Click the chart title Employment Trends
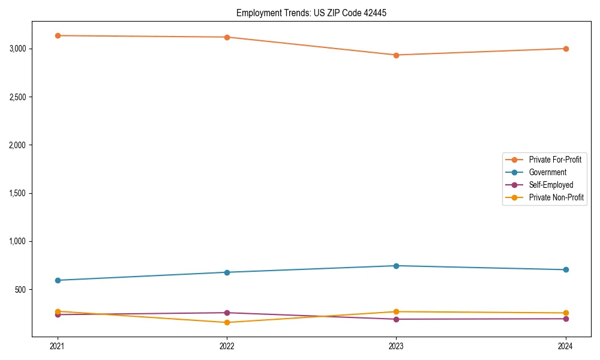click(316, 13)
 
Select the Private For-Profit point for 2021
click(58, 35)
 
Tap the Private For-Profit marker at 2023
click(396, 55)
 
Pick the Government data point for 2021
click(58, 280)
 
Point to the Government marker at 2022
click(227, 272)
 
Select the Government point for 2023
click(396, 266)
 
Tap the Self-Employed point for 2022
click(227, 313)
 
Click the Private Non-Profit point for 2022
click(227, 322)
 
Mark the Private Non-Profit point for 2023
click(396, 311)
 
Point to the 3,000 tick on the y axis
click(19, 49)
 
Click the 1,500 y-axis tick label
click(19, 193)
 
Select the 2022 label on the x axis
click(227, 346)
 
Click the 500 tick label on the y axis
click(22, 290)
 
